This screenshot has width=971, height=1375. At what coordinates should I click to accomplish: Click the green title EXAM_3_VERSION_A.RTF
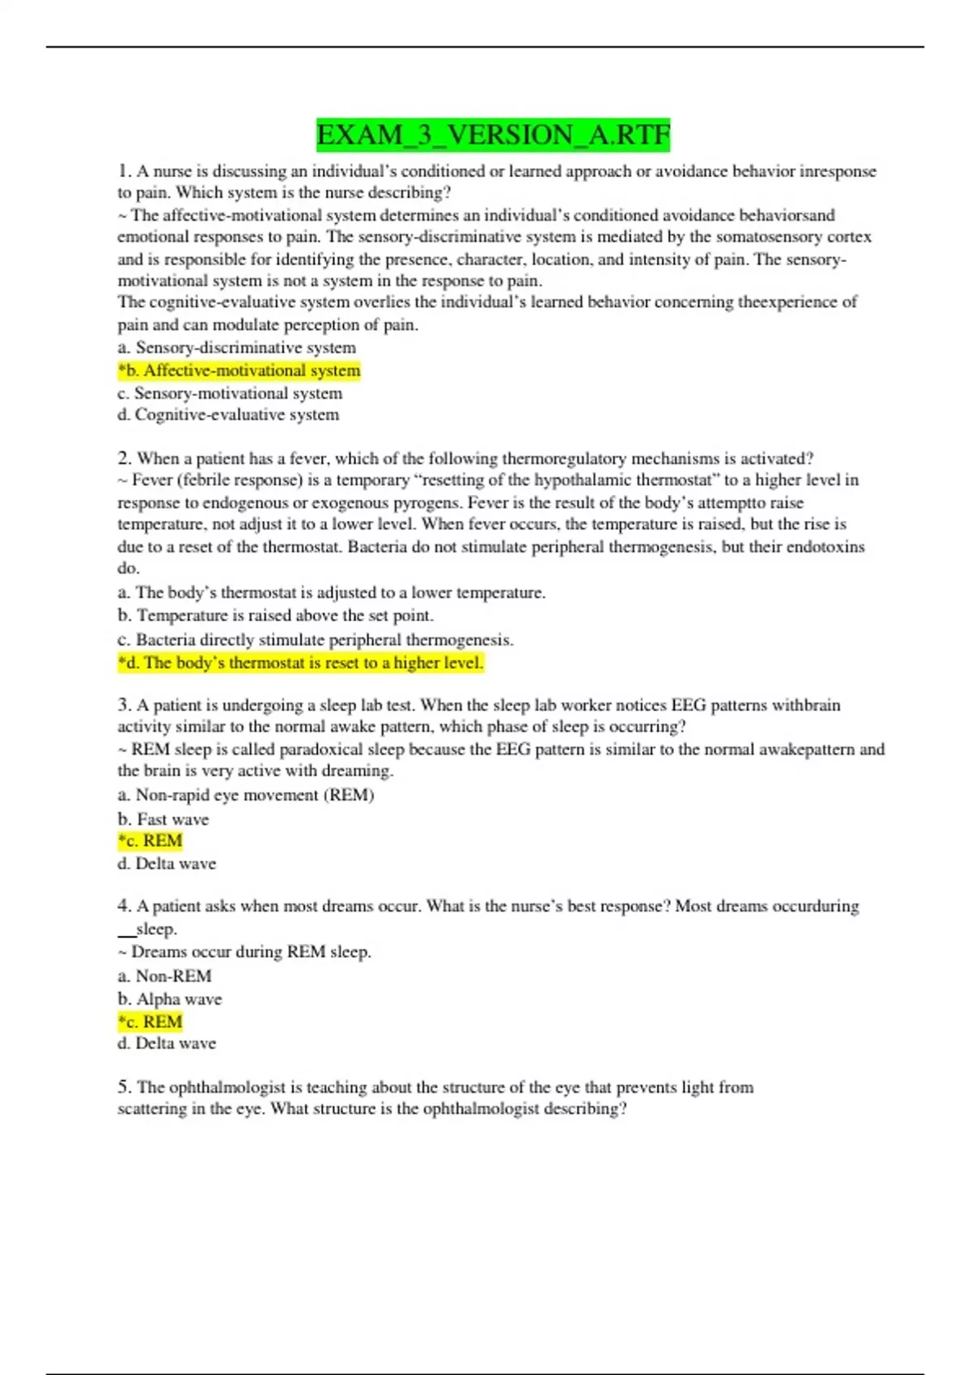tap(493, 134)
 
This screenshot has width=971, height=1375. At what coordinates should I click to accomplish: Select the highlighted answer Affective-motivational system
tap(239, 370)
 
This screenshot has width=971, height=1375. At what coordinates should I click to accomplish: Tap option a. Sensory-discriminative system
tap(236, 348)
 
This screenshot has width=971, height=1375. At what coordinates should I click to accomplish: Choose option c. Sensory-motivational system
tap(230, 393)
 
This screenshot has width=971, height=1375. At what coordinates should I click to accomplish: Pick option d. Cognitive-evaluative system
tap(228, 415)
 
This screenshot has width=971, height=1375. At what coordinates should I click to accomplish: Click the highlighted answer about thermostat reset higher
tap(300, 663)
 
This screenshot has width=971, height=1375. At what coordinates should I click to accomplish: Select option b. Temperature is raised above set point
tap(275, 616)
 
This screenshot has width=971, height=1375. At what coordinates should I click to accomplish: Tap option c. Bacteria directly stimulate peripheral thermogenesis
tap(315, 640)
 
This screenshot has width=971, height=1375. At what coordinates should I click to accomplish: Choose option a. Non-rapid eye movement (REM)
tap(245, 795)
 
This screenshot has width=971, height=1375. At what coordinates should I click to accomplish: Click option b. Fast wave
tap(163, 819)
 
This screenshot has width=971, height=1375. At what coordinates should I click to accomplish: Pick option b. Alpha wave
tap(169, 999)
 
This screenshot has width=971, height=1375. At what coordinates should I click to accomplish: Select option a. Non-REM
tap(164, 976)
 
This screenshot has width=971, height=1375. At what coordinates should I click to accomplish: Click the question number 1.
tap(123, 171)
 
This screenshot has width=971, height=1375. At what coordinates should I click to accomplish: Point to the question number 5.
tap(123, 1087)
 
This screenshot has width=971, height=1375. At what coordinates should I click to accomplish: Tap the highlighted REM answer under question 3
tap(150, 841)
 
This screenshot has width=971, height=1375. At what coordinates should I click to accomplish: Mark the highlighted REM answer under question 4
tap(150, 1022)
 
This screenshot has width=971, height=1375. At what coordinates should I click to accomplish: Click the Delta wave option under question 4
tap(167, 1043)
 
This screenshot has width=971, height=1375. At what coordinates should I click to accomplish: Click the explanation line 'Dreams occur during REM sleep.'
tap(244, 952)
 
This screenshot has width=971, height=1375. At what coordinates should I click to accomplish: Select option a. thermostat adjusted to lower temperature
tap(331, 593)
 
